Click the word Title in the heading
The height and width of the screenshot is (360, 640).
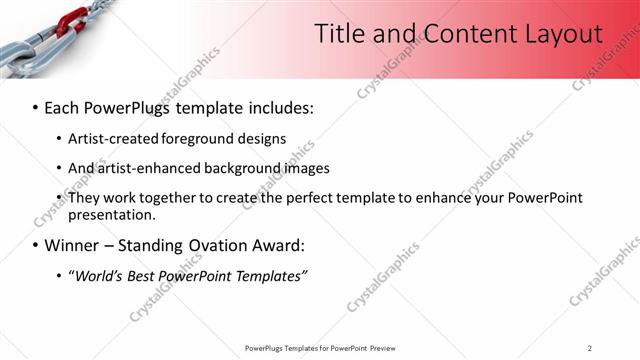[341, 33]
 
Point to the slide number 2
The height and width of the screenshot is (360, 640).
[590, 347]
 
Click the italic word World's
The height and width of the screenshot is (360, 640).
[100, 275]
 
